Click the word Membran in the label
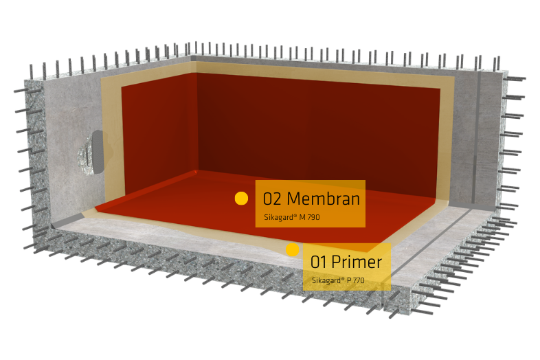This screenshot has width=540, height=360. tap(324, 199)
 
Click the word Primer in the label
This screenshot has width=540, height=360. tap(356, 262)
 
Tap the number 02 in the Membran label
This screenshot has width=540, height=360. tap(273, 199)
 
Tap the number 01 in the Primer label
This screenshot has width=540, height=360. tap(319, 262)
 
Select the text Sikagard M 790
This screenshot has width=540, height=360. tap(292, 218)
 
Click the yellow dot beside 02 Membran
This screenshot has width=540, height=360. tap(241, 198)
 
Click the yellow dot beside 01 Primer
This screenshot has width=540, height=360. tap(293, 250)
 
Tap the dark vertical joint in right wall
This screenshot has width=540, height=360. tap(477, 137)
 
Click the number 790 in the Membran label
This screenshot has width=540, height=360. tap(313, 218)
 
